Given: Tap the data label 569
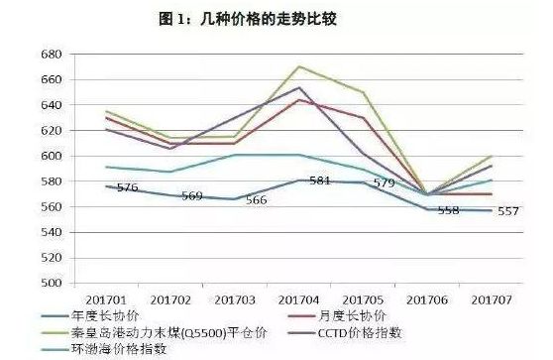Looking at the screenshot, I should click(192, 196).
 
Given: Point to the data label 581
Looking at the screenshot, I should click(319, 181).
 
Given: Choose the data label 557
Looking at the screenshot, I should click(508, 211).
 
